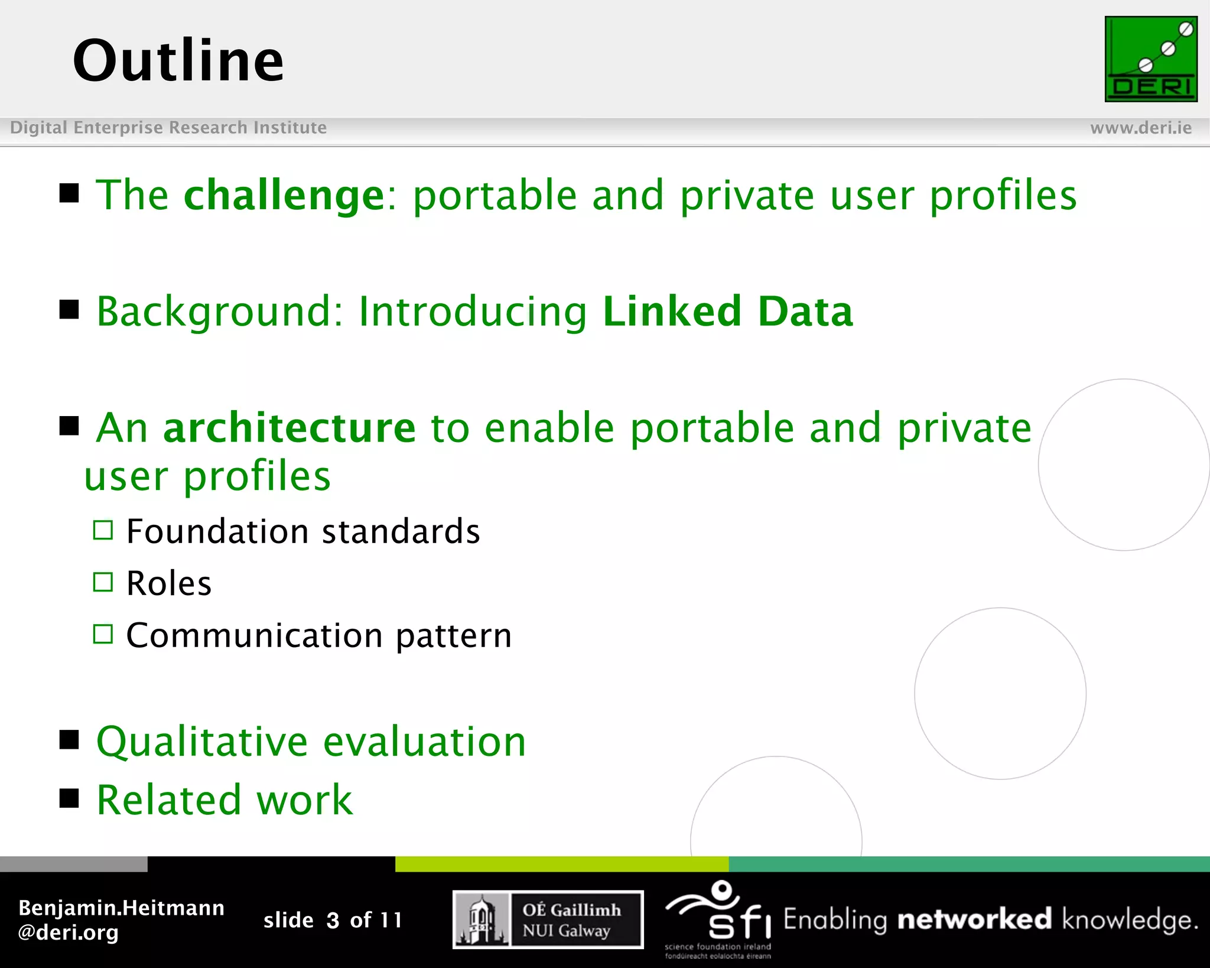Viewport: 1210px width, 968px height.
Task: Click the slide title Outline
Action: click(x=178, y=60)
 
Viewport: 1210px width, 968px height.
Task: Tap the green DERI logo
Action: click(x=1150, y=59)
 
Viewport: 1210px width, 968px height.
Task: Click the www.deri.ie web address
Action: click(x=1140, y=128)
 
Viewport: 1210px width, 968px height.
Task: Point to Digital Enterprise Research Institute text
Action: click(x=168, y=128)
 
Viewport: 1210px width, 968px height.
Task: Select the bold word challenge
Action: click(x=284, y=196)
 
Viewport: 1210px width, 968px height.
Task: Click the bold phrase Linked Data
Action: click(x=727, y=311)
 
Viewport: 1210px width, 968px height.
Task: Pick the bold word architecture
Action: click(x=290, y=428)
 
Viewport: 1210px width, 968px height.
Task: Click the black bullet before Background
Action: click(x=70, y=309)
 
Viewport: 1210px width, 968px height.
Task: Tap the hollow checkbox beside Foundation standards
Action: click(x=103, y=530)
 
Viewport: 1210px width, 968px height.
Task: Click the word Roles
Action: click(x=169, y=584)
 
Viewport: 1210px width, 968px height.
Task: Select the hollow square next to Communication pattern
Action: click(x=103, y=634)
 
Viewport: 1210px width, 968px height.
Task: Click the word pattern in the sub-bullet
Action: click(x=453, y=636)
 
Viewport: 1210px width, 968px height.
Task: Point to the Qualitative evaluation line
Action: click(x=311, y=742)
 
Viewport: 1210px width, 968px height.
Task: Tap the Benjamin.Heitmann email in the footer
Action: click(x=121, y=920)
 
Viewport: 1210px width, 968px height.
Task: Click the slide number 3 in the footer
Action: click(x=333, y=920)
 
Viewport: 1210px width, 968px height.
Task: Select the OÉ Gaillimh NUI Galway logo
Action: click(x=548, y=920)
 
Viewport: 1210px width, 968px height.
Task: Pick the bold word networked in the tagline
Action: click(x=974, y=920)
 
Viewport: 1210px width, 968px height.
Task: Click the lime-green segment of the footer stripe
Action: click(x=561, y=864)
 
